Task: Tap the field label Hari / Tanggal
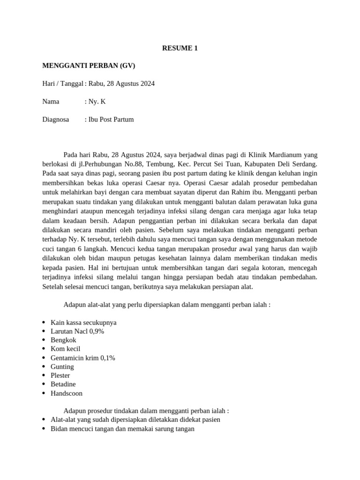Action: [x=62, y=83]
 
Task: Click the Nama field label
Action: [x=51, y=101]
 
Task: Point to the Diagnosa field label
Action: [x=55, y=119]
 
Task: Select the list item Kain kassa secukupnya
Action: [x=83, y=322]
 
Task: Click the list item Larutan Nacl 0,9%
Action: [x=77, y=331]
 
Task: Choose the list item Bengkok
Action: [x=63, y=340]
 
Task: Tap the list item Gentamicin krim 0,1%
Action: [x=82, y=358]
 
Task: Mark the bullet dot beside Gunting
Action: [x=44, y=367]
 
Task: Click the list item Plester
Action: [x=60, y=375]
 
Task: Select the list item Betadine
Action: [x=63, y=384]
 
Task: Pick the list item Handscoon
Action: [x=66, y=393]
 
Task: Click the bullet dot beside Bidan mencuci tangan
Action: [x=44, y=428]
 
